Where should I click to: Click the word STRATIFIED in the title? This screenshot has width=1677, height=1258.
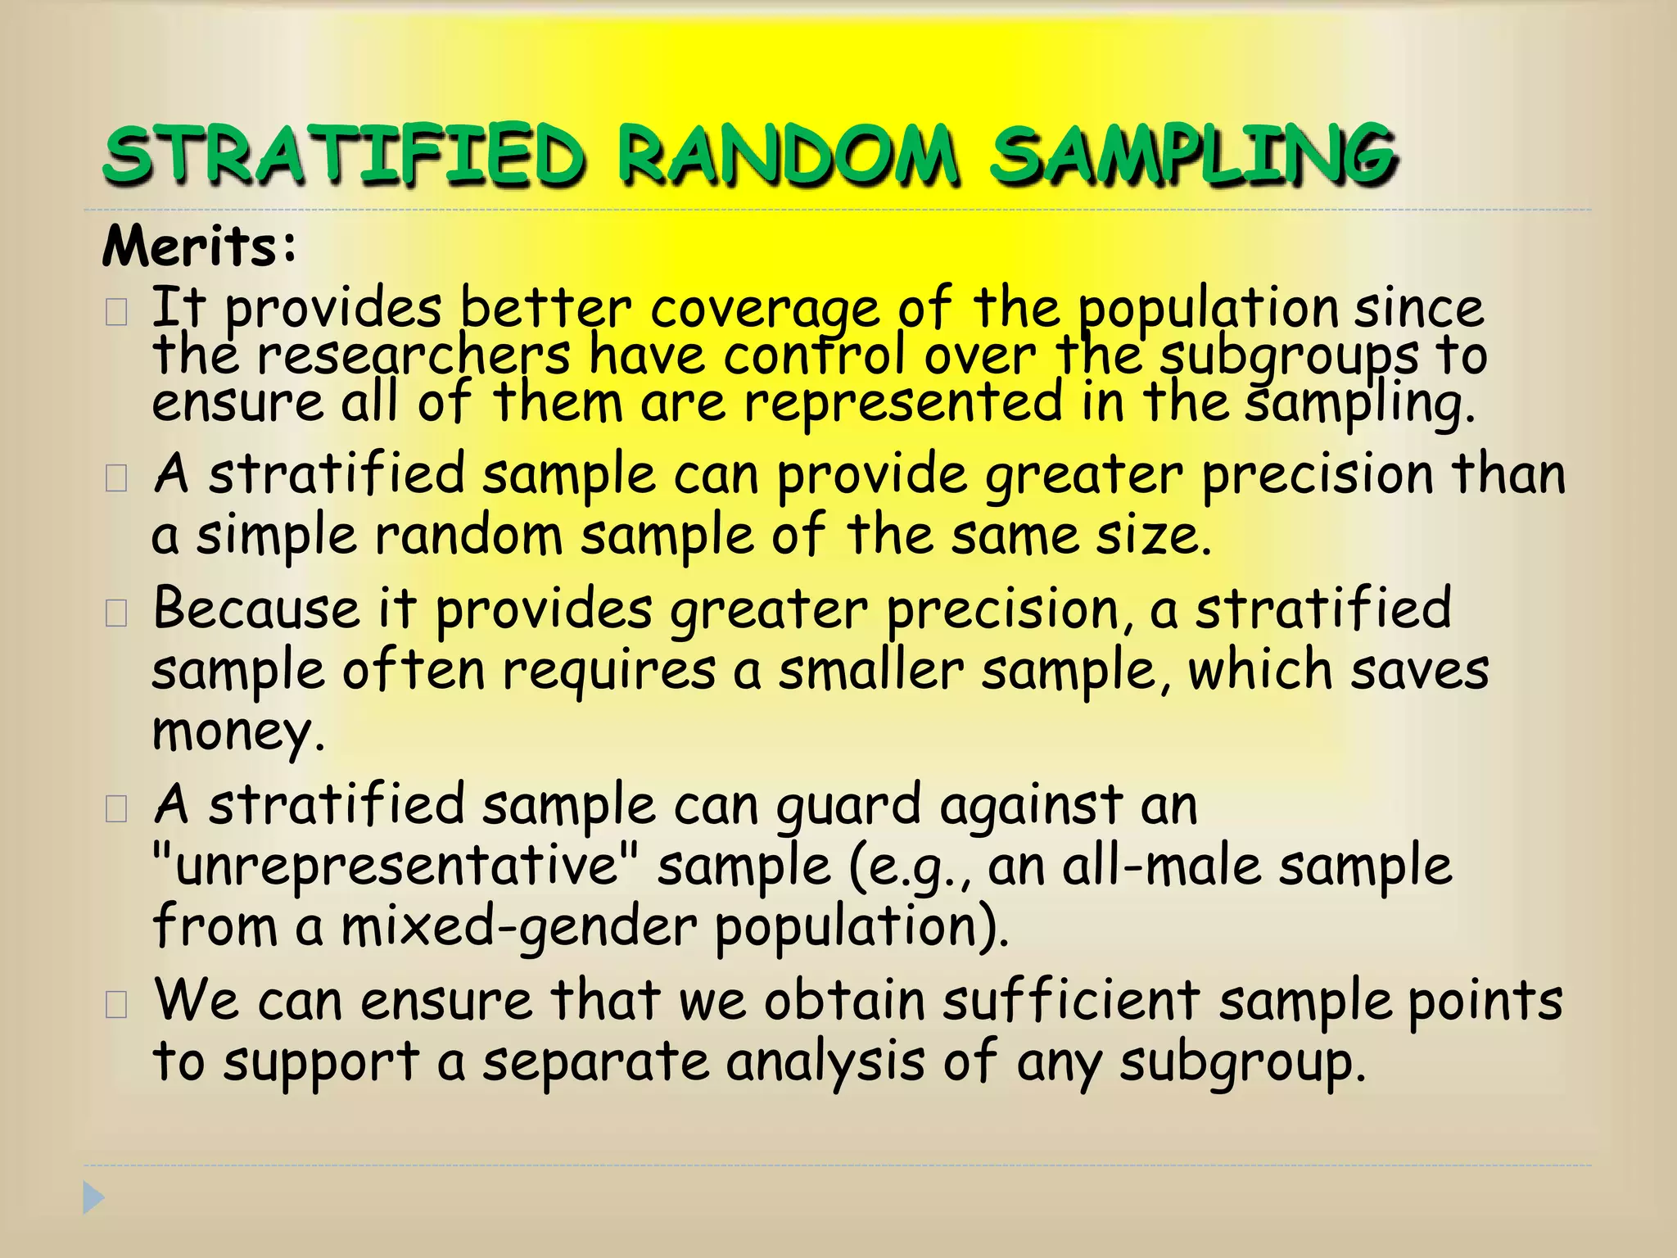tap(344, 154)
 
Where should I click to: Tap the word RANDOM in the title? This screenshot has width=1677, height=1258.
tap(787, 154)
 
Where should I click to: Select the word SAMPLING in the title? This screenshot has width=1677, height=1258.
tap(1192, 154)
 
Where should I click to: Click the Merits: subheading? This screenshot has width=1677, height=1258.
tap(199, 246)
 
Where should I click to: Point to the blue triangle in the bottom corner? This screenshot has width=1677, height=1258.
tap(93, 1198)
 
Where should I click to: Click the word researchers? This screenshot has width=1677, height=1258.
tap(414, 357)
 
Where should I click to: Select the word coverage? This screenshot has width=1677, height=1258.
tap(764, 310)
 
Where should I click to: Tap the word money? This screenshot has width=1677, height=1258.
tap(237, 731)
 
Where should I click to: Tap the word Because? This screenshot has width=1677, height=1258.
tap(256, 609)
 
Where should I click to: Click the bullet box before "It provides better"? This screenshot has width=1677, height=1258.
tap(116, 313)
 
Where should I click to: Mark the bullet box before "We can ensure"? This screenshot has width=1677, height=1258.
tap(116, 1004)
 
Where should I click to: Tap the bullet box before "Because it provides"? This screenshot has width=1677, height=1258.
tap(116, 613)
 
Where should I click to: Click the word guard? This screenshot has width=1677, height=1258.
tap(848, 805)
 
